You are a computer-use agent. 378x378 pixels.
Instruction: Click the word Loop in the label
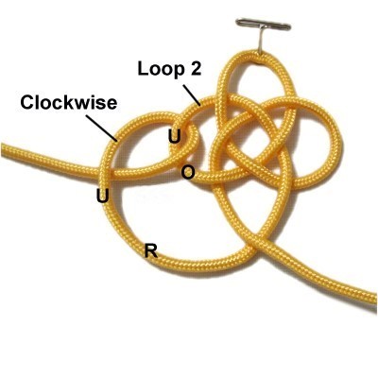point(161,69)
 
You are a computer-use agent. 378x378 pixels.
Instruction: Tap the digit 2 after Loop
point(196,68)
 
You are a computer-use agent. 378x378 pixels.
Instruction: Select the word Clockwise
point(69,103)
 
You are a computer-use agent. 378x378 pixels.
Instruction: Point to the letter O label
point(188,173)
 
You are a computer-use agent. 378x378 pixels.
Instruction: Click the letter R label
point(150,251)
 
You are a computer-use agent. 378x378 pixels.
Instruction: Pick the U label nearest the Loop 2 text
point(175,137)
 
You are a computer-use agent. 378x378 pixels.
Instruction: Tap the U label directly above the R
point(103,197)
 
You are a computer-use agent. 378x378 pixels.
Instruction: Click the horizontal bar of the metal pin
point(264,25)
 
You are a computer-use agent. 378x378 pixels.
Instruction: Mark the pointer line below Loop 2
point(192,95)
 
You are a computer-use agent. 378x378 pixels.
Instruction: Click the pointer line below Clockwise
point(101,128)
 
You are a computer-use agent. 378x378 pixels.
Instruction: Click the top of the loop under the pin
point(253,55)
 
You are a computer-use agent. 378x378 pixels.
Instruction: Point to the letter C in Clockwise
point(27,103)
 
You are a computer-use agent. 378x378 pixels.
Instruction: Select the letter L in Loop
point(144,69)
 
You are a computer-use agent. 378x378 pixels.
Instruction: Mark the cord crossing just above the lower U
point(107,173)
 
